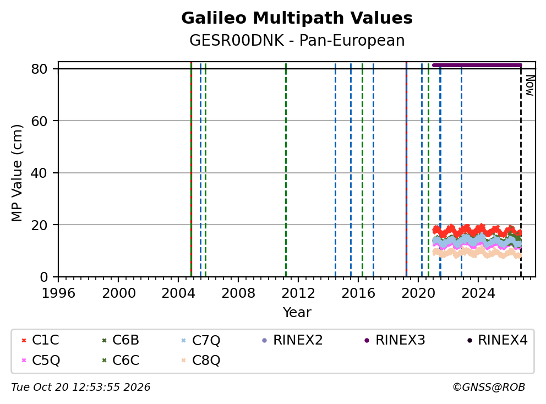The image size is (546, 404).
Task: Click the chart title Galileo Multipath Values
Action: click(x=297, y=18)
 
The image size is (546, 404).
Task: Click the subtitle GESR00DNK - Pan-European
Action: click(x=297, y=40)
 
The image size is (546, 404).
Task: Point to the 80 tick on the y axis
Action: click(x=39, y=69)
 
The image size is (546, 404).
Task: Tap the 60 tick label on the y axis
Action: click(x=39, y=121)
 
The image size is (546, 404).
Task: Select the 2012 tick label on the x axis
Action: click(x=298, y=293)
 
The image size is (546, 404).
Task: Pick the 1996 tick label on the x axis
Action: click(x=58, y=293)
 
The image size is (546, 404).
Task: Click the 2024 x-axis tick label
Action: click(x=478, y=293)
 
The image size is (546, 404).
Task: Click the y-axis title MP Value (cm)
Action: click(x=17, y=173)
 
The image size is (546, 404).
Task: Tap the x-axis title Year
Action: click(x=297, y=313)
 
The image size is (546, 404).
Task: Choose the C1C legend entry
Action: click(x=40, y=340)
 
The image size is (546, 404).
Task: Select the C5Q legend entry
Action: click(x=40, y=360)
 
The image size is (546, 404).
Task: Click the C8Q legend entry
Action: click(x=200, y=360)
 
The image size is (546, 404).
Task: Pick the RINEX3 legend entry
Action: click(x=395, y=340)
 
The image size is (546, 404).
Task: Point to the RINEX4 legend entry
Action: click(x=497, y=340)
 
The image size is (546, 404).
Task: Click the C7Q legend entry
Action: click(x=200, y=340)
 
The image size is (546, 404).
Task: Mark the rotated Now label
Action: click(x=529, y=85)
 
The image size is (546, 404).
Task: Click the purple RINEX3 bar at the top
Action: click(x=477, y=65)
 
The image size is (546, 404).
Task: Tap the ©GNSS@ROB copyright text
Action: click(x=489, y=387)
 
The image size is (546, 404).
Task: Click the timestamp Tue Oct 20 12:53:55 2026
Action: click(x=81, y=387)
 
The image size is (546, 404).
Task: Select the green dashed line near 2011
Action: click(x=286, y=170)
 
